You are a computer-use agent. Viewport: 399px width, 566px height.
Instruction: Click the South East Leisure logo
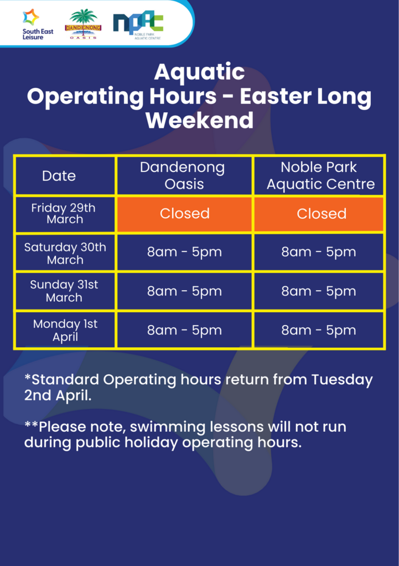coord(38,24)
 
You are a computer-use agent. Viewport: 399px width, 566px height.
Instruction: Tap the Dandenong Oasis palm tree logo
coord(83,24)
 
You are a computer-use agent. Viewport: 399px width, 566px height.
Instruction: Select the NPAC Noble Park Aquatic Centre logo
coord(138,25)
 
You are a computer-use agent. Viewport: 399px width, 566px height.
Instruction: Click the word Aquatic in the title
coord(199,72)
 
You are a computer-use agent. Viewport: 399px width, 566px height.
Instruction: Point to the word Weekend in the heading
coord(199,120)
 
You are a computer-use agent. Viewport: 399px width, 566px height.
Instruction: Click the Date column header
coord(59,176)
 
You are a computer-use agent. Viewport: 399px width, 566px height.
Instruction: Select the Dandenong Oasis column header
coord(184,176)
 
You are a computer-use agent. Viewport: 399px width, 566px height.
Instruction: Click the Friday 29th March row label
coord(64,213)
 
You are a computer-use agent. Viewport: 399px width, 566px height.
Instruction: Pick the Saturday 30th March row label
coord(65,253)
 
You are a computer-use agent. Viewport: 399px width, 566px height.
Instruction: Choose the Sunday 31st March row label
coord(64,291)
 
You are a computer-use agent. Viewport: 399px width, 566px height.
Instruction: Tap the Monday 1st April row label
coord(65,331)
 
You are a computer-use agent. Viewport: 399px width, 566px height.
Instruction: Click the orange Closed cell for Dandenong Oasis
coord(185,214)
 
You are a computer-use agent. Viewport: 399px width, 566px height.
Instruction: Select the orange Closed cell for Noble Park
coord(319,214)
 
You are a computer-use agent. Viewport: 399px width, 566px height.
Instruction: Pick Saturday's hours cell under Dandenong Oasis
coord(184,252)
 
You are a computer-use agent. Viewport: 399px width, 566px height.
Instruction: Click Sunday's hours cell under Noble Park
coord(319,291)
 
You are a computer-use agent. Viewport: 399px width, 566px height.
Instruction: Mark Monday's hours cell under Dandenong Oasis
coord(184,330)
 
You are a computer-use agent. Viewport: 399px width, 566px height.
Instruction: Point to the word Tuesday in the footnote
coord(342,380)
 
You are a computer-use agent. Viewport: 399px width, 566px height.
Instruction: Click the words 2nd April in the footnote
coord(58,396)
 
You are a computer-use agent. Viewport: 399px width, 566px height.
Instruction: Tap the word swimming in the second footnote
coord(168,427)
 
